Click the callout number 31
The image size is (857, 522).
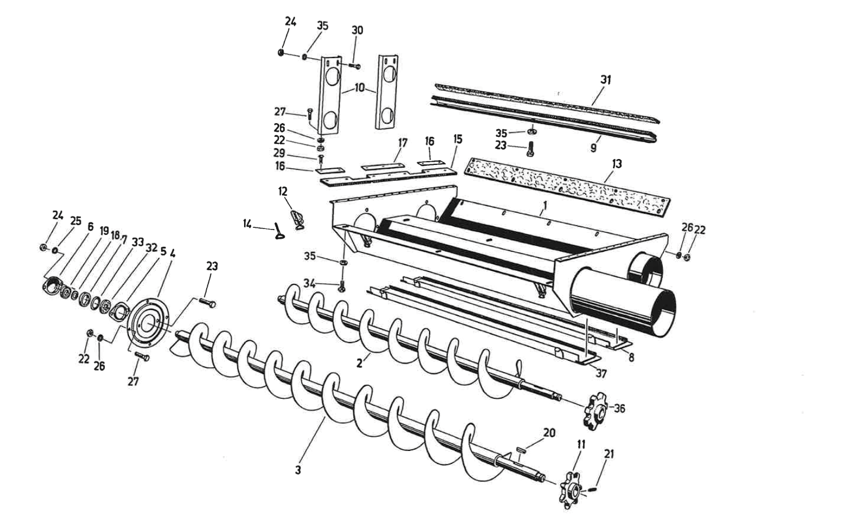(x=605, y=80)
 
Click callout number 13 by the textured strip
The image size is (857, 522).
(x=616, y=163)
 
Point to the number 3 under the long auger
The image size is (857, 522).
(x=298, y=470)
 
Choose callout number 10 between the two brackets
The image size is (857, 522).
(x=360, y=88)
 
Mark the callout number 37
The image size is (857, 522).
(x=600, y=374)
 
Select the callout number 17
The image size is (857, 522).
(x=402, y=143)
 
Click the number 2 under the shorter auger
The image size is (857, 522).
(x=359, y=364)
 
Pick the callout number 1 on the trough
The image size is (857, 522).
(x=544, y=206)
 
